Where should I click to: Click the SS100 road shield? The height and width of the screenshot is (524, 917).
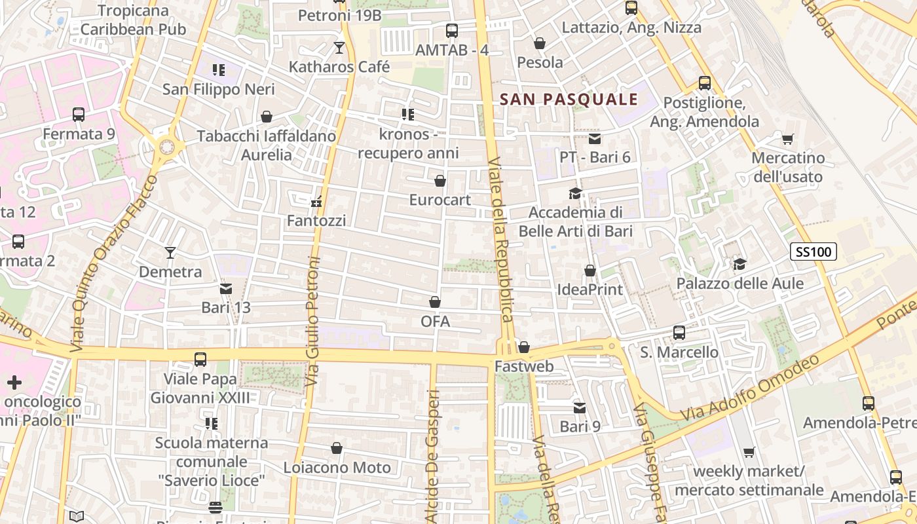tap(814, 252)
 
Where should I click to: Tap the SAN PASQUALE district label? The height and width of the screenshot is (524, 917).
tap(569, 100)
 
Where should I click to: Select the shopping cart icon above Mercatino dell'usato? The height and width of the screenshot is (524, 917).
tap(787, 139)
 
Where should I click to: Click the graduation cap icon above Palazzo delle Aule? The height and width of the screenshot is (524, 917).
tap(739, 265)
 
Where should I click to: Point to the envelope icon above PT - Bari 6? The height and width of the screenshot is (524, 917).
tap(595, 139)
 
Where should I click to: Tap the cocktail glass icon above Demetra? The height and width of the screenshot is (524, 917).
tap(170, 253)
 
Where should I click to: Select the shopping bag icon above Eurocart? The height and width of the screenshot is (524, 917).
tap(440, 181)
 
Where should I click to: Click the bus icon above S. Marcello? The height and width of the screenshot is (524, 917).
tap(679, 333)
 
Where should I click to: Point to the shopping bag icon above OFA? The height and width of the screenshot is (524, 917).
tap(435, 303)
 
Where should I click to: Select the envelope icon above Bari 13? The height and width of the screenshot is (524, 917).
tap(226, 288)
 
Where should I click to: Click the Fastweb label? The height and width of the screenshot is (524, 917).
tap(524, 366)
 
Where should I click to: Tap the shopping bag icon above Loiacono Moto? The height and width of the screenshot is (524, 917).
tap(337, 449)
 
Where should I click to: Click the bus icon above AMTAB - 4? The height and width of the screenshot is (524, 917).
tap(452, 31)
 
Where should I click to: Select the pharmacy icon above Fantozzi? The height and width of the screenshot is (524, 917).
tap(316, 202)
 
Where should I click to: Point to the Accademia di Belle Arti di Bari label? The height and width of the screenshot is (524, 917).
tap(576, 221)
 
